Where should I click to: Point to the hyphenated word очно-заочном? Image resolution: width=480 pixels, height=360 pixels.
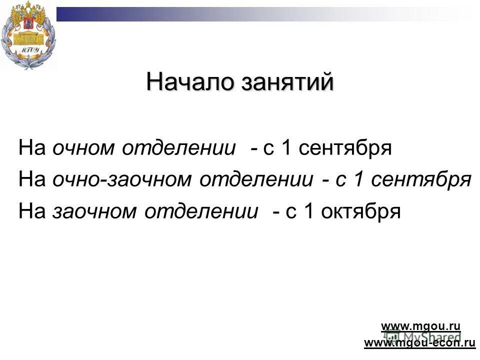tap(123, 180)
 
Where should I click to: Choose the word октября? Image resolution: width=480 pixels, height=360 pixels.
tap(360, 212)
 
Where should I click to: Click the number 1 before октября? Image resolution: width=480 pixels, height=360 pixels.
tap(309, 211)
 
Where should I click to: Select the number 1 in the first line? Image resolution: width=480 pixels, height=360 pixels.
tap(286, 148)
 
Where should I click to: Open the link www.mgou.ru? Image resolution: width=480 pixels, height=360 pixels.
tap(420, 326)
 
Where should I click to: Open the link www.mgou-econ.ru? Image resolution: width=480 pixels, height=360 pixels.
tap(419, 342)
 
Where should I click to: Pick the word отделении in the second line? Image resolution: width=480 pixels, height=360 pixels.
tap(257, 180)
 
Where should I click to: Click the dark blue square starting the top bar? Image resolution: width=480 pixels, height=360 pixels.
tap(64, 14)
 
